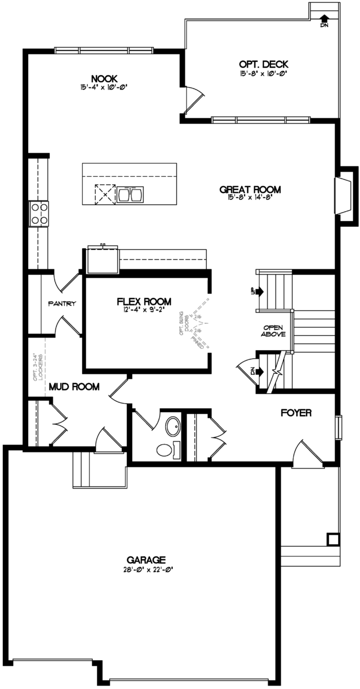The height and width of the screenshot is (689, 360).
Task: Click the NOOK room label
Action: [104, 79]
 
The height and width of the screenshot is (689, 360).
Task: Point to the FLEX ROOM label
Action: [144, 301]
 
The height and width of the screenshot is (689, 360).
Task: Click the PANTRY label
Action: [63, 303]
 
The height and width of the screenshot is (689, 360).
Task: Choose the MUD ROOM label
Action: [74, 386]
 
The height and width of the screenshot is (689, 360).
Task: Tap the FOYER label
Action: [296, 412]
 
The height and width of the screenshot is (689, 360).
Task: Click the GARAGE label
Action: [146, 559]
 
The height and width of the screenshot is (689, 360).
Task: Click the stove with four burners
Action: [39, 214]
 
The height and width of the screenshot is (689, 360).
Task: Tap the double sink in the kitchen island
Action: [130, 195]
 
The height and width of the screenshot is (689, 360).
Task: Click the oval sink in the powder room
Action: [172, 426]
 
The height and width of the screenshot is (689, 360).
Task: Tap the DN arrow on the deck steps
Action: [324, 21]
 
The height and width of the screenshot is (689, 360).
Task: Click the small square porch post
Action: [332, 539]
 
